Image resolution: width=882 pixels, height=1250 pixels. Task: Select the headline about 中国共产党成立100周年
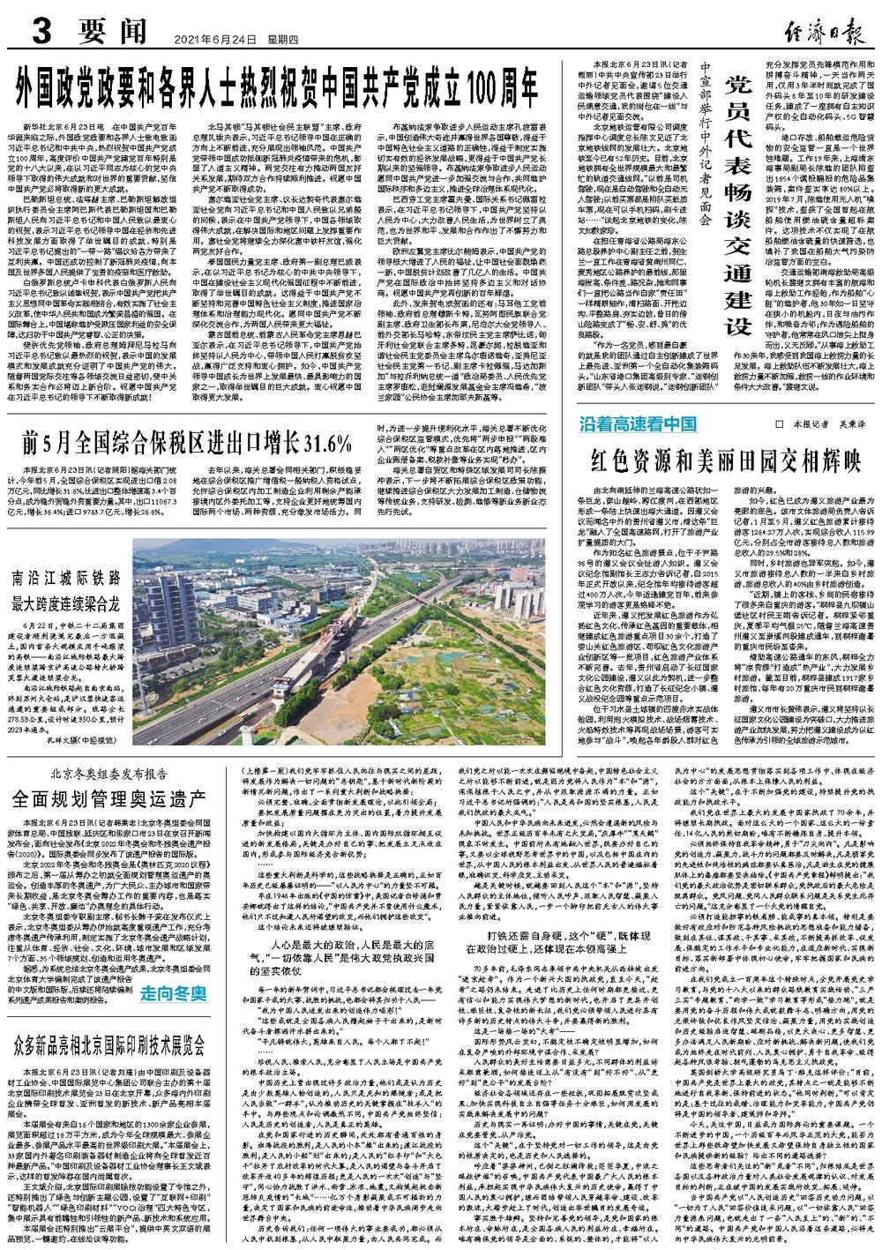tap(283, 86)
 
